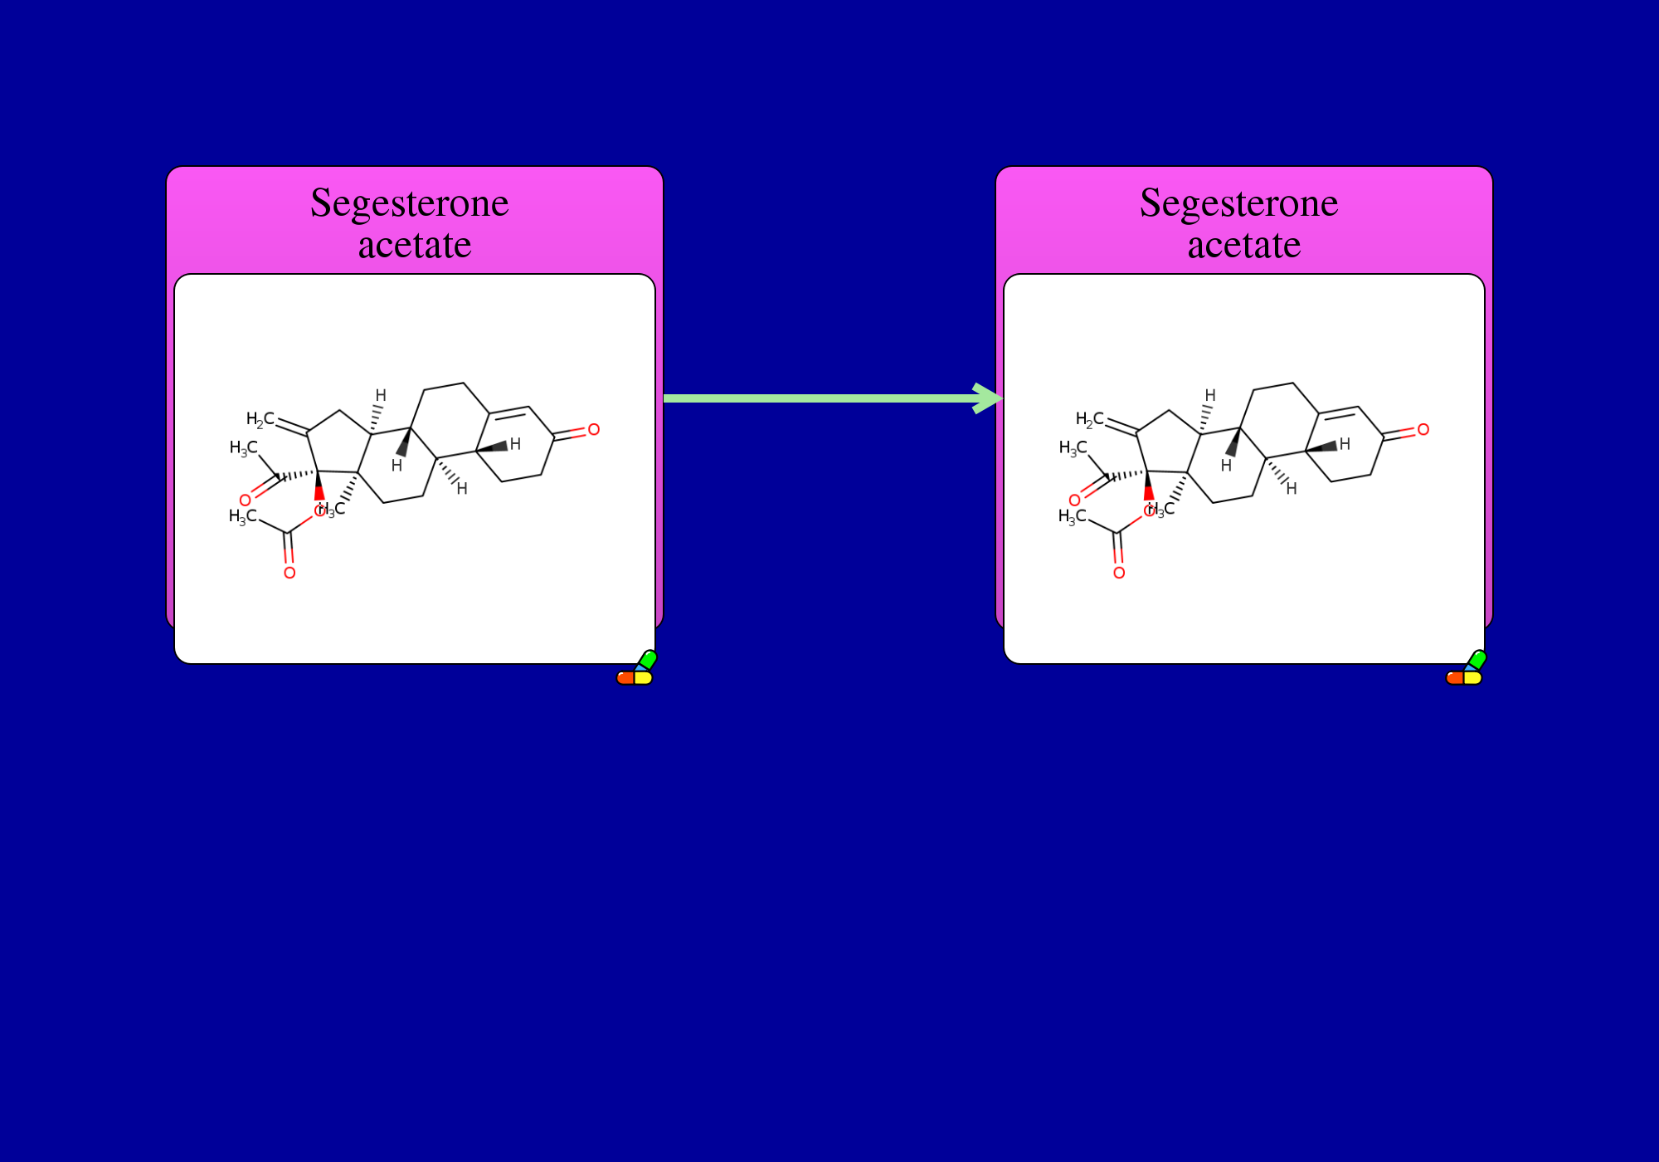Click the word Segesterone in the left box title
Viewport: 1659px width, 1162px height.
pyautogui.click(x=410, y=204)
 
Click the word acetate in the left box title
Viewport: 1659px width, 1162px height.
pyautogui.click(x=415, y=246)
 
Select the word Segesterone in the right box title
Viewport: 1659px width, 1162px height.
pyautogui.click(x=1239, y=204)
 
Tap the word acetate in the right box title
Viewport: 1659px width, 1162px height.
pyautogui.click(x=1244, y=246)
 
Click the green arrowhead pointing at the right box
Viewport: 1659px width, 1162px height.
pyautogui.click(x=989, y=398)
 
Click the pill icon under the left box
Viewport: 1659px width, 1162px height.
pyautogui.click(x=636, y=669)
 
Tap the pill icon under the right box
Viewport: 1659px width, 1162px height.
pyautogui.click(x=1466, y=669)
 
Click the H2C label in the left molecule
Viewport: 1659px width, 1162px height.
pyautogui.click(x=260, y=419)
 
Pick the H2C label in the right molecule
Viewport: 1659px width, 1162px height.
pyautogui.click(x=1089, y=419)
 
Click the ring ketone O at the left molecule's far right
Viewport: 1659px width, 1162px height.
pyautogui.click(x=594, y=430)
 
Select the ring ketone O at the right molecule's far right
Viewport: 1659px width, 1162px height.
pyautogui.click(x=1423, y=430)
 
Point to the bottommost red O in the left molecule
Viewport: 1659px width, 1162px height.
pyautogui.click(x=289, y=573)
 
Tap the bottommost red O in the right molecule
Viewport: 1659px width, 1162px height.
pyautogui.click(x=1119, y=573)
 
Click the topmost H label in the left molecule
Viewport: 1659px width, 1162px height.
pyautogui.click(x=381, y=395)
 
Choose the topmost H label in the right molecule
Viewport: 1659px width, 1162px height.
pyautogui.click(x=1210, y=395)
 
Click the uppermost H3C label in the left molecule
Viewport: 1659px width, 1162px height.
pyautogui.click(x=244, y=448)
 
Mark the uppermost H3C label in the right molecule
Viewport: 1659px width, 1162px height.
pyautogui.click(x=1073, y=448)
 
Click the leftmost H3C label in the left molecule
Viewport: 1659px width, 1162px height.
pyautogui.click(x=243, y=517)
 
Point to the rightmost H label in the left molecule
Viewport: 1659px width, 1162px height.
pyautogui.click(x=515, y=444)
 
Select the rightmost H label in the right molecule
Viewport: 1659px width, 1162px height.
pyautogui.click(x=1345, y=444)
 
